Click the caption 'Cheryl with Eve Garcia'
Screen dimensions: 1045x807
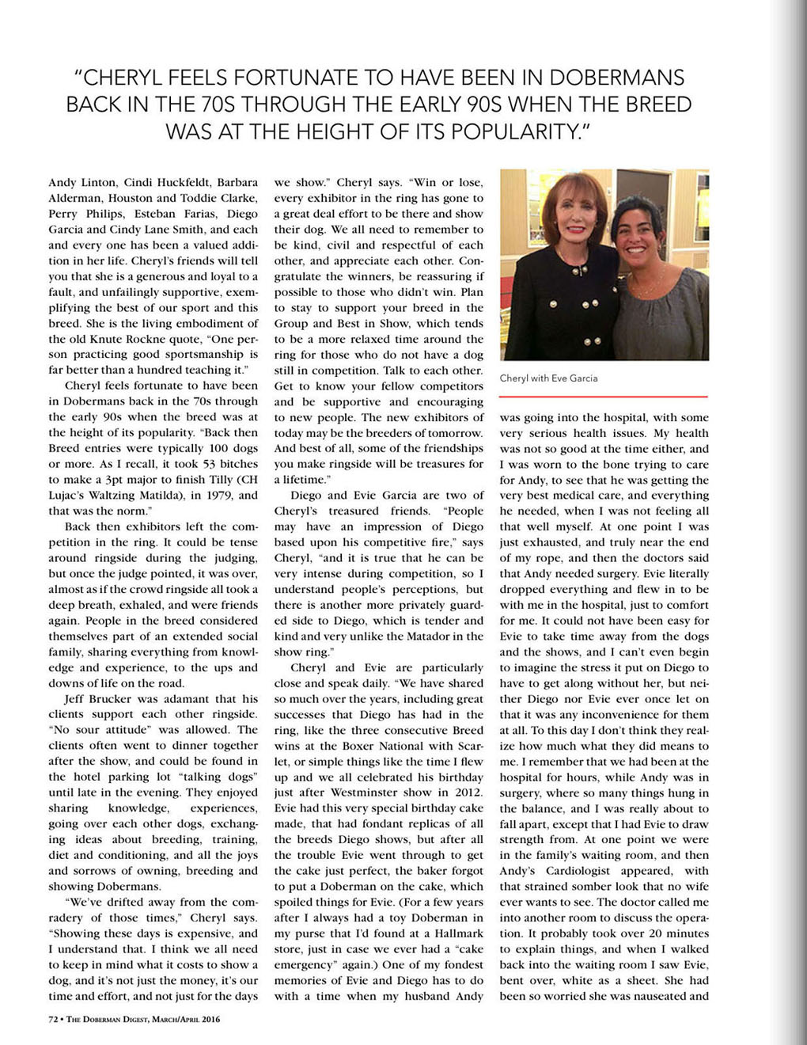coord(548,378)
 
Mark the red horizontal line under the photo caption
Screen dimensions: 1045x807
coord(603,396)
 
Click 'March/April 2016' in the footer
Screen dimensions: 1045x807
coord(181,1019)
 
